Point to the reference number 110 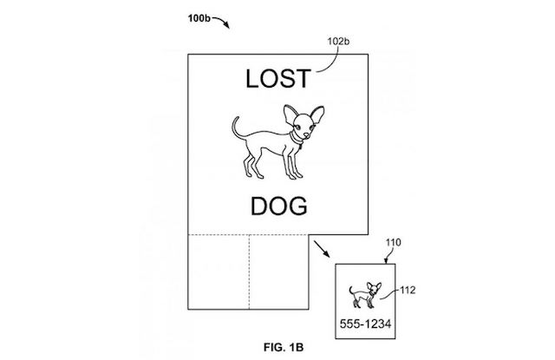(x=395, y=245)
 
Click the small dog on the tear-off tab (x=363, y=295)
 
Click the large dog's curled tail (x=236, y=128)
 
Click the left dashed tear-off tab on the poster (x=219, y=265)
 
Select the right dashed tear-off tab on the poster (x=279, y=265)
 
